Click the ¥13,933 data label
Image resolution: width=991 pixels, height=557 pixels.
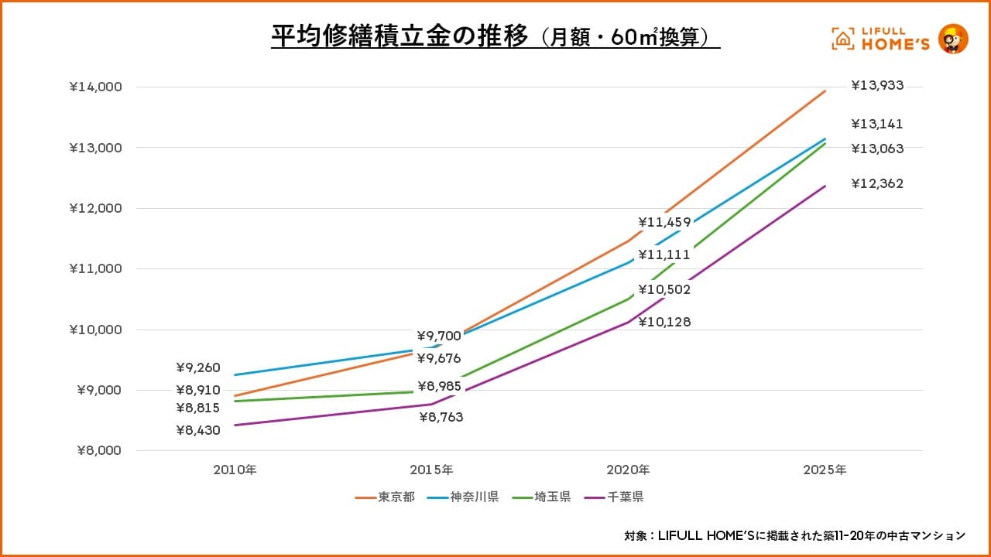tap(877, 86)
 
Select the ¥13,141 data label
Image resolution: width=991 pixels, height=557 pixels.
tap(877, 124)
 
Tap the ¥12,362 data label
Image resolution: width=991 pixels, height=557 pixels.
tap(877, 184)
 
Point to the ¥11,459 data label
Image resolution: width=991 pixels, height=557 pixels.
tap(664, 223)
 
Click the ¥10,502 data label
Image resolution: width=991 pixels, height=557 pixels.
tap(664, 290)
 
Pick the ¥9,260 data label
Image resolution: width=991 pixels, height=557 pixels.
tap(198, 368)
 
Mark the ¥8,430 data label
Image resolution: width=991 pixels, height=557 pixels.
tap(198, 430)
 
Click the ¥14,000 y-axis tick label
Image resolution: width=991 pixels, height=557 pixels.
tap(95, 87)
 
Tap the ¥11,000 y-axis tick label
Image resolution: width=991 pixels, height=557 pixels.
tap(95, 269)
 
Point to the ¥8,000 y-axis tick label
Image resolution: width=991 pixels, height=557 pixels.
tap(98, 451)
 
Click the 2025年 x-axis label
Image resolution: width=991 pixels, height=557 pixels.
tap(825, 470)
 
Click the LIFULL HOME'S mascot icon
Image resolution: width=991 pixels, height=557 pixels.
tap(953, 39)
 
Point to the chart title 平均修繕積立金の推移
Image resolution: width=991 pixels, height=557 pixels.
tap(399, 36)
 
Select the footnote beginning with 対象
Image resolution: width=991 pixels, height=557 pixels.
tap(794, 535)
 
